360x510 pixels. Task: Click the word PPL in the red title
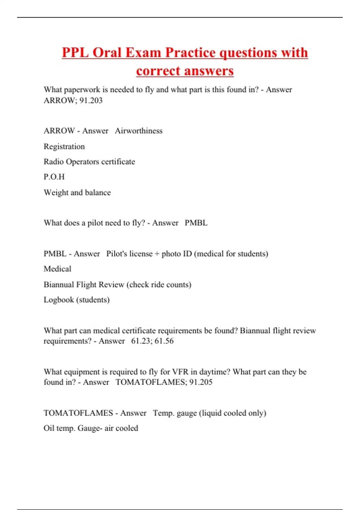click(x=75, y=53)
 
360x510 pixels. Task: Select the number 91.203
click(x=91, y=100)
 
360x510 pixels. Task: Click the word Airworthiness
click(x=139, y=131)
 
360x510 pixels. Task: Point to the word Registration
click(x=64, y=147)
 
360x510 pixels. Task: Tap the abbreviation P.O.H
click(x=54, y=177)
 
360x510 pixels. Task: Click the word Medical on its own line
click(x=57, y=269)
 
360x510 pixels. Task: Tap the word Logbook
click(x=58, y=300)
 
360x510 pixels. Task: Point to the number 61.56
click(x=164, y=341)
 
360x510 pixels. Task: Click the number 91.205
click(x=201, y=382)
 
